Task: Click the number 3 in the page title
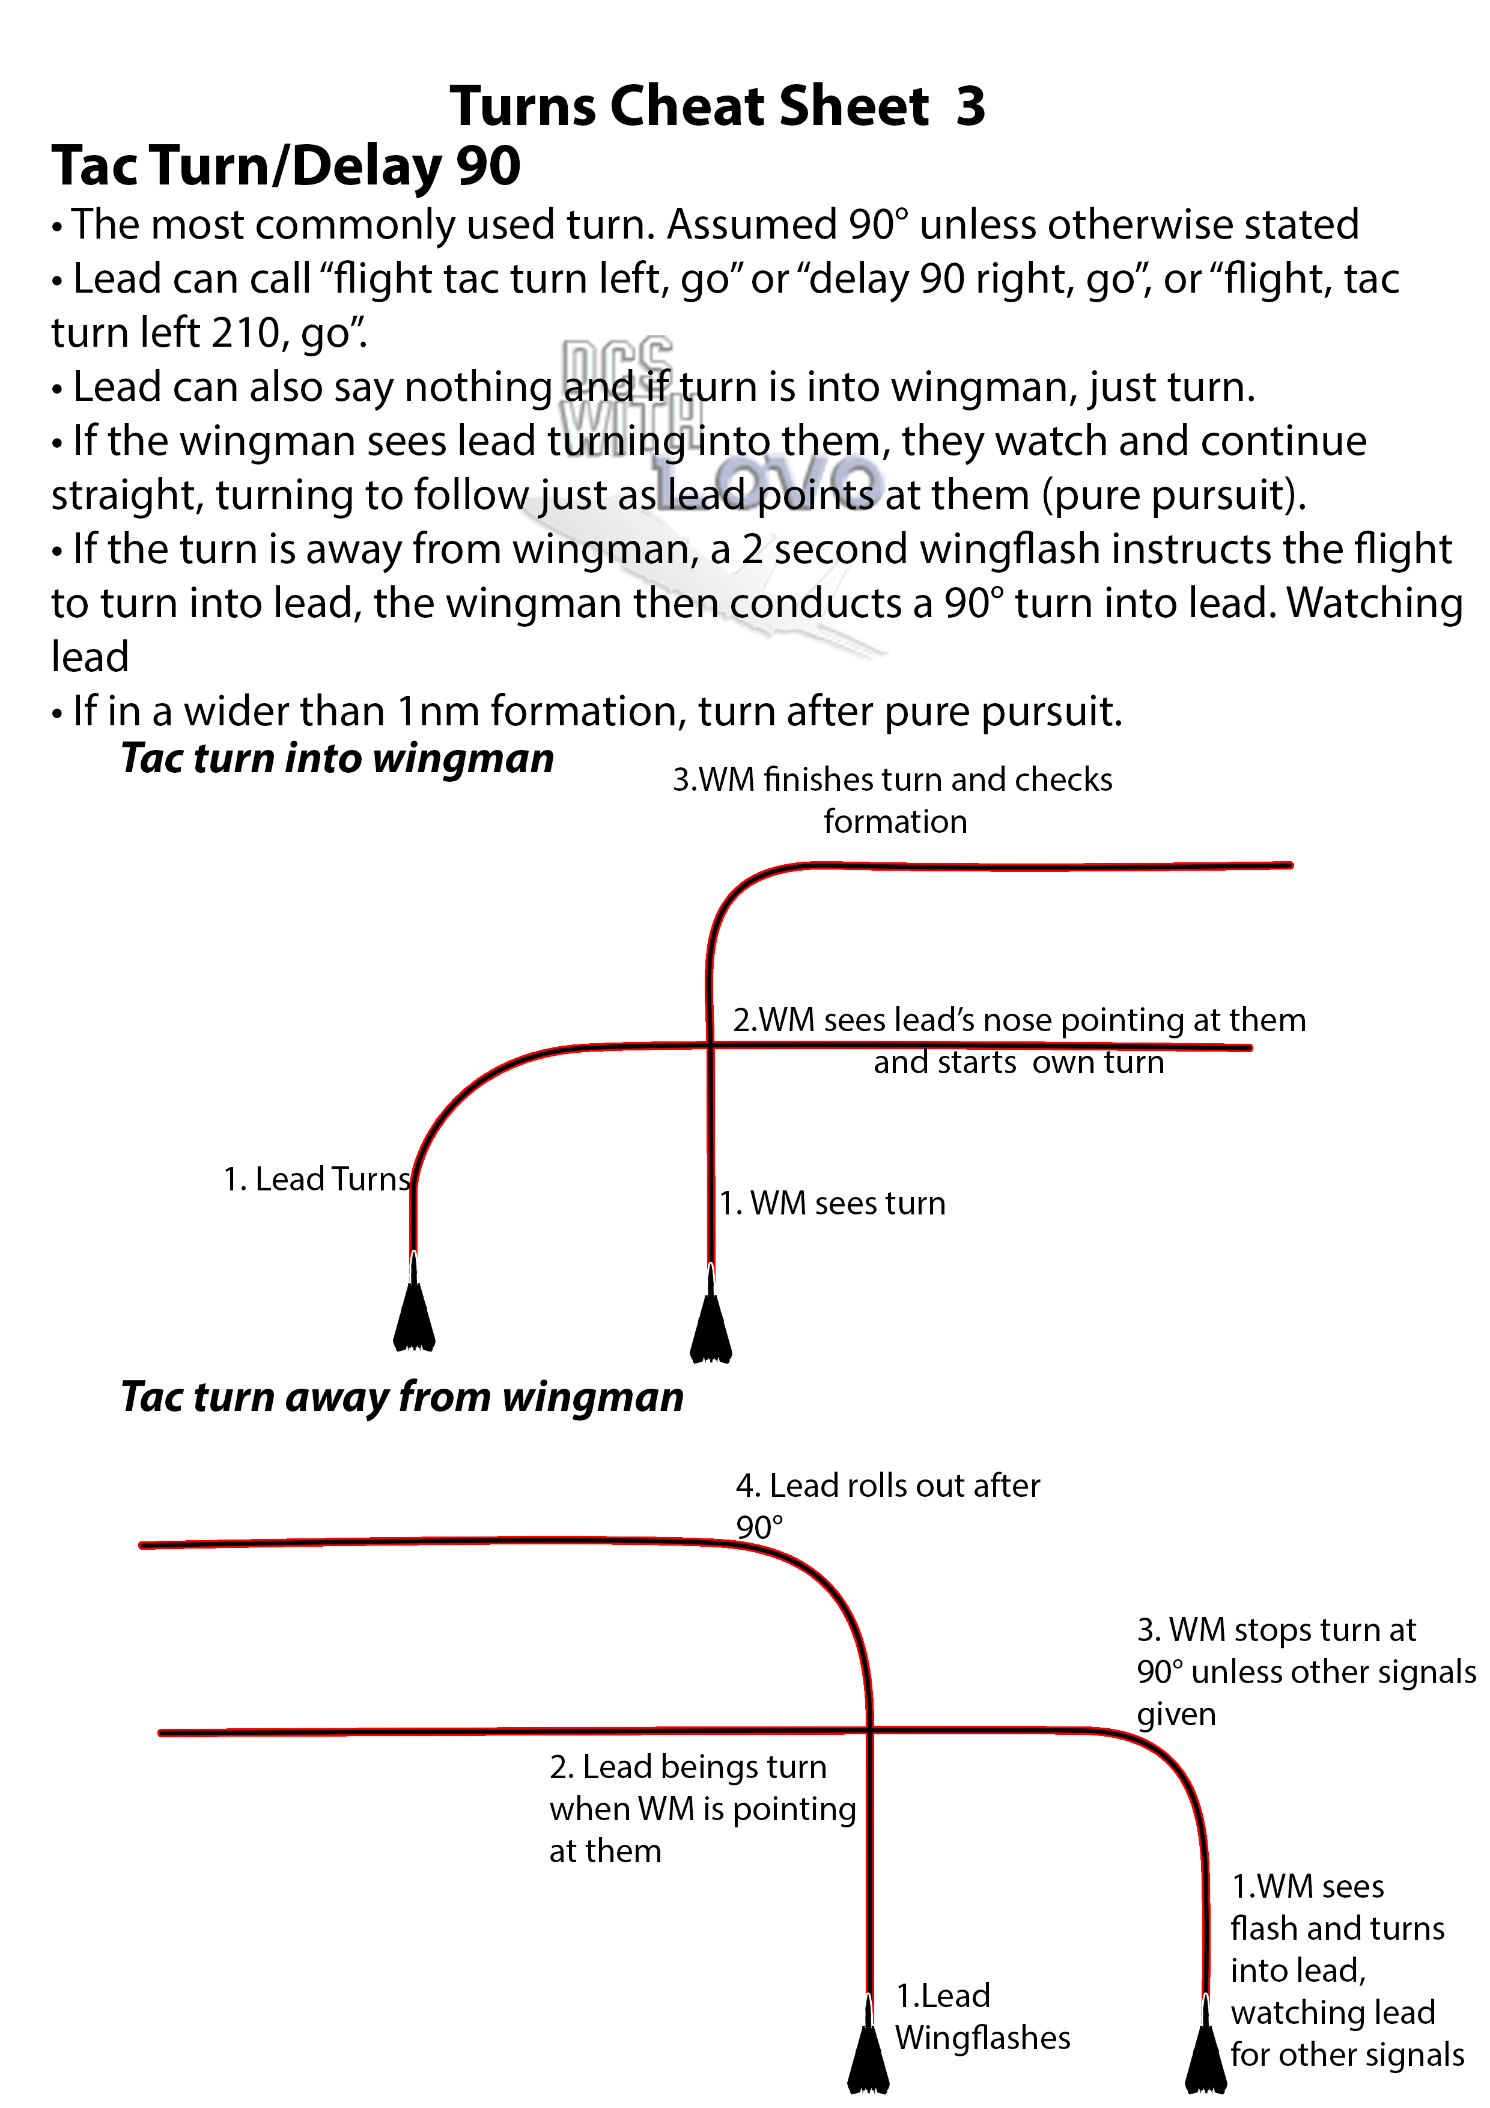pyautogui.click(x=970, y=106)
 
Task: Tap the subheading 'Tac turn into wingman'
pyautogui.click(x=337, y=758)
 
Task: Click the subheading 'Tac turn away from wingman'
pyautogui.click(x=402, y=1397)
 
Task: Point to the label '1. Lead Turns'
pyautogui.click(x=317, y=1179)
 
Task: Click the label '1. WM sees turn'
pyautogui.click(x=832, y=1203)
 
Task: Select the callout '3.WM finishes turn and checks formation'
pyautogui.click(x=892, y=800)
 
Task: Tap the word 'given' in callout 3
pyautogui.click(x=1176, y=1714)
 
